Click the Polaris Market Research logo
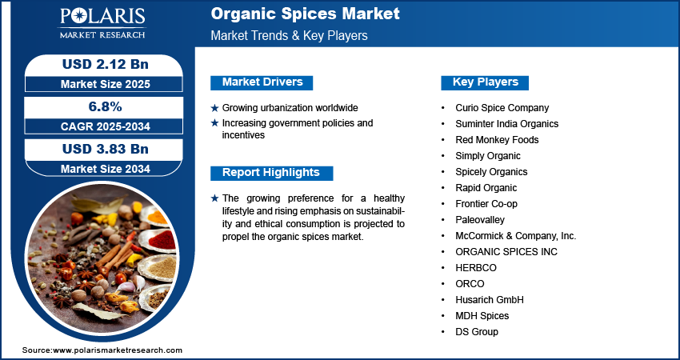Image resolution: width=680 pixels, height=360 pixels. coord(102,22)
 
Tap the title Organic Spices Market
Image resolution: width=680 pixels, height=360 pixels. coord(305,14)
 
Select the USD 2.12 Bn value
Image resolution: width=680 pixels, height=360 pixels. coord(106,64)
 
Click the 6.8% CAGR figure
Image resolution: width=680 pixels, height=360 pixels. coord(105,106)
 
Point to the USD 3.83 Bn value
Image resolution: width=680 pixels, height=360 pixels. coord(106,149)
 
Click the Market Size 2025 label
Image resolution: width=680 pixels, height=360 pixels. coord(106,84)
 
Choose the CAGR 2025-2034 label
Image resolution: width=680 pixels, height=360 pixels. coord(106,126)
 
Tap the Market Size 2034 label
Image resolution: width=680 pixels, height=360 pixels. coord(106,169)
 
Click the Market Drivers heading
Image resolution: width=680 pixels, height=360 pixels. coord(262,82)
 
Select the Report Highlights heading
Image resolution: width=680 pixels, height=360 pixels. coord(271,173)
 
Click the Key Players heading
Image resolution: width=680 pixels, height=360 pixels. coord(485,82)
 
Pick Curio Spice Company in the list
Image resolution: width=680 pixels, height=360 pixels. coord(502,107)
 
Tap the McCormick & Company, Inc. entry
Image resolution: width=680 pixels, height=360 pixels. coord(516,236)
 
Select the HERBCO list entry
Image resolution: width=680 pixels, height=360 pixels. coord(476,268)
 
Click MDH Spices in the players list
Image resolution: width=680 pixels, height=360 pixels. coord(482,316)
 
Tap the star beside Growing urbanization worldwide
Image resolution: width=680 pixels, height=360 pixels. coord(214,108)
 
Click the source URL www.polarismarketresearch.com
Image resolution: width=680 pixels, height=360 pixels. coord(118,350)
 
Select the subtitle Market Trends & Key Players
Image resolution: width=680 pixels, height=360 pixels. coord(290,35)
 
